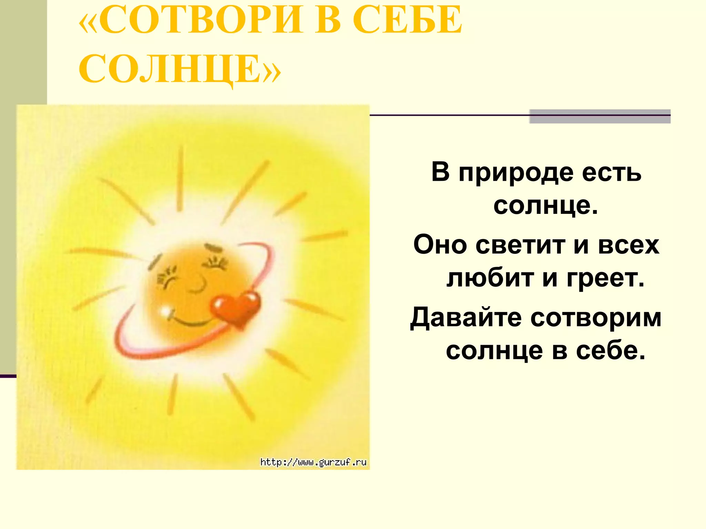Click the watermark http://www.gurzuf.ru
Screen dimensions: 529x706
click(x=313, y=462)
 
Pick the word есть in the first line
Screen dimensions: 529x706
click(x=612, y=172)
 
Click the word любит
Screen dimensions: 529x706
click(x=490, y=278)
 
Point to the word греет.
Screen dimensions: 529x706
click(x=605, y=278)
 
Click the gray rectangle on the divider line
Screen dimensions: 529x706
click(x=600, y=116)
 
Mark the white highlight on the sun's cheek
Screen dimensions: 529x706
click(x=165, y=310)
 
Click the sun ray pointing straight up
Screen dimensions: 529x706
click(x=180, y=179)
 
